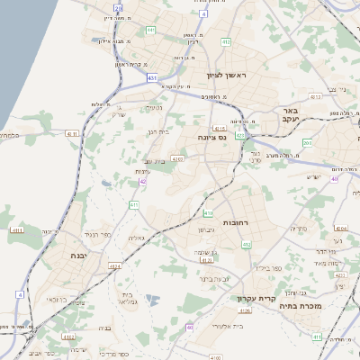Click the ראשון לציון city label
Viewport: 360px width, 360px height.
click(225, 76)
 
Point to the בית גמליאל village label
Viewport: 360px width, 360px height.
click(128, 299)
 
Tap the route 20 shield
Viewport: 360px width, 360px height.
click(118, 8)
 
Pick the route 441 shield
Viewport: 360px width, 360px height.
click(151, 30)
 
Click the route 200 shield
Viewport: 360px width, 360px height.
click(308, 141)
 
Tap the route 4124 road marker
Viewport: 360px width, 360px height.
click(114, 266)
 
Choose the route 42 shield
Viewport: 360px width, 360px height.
click(143, 182)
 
